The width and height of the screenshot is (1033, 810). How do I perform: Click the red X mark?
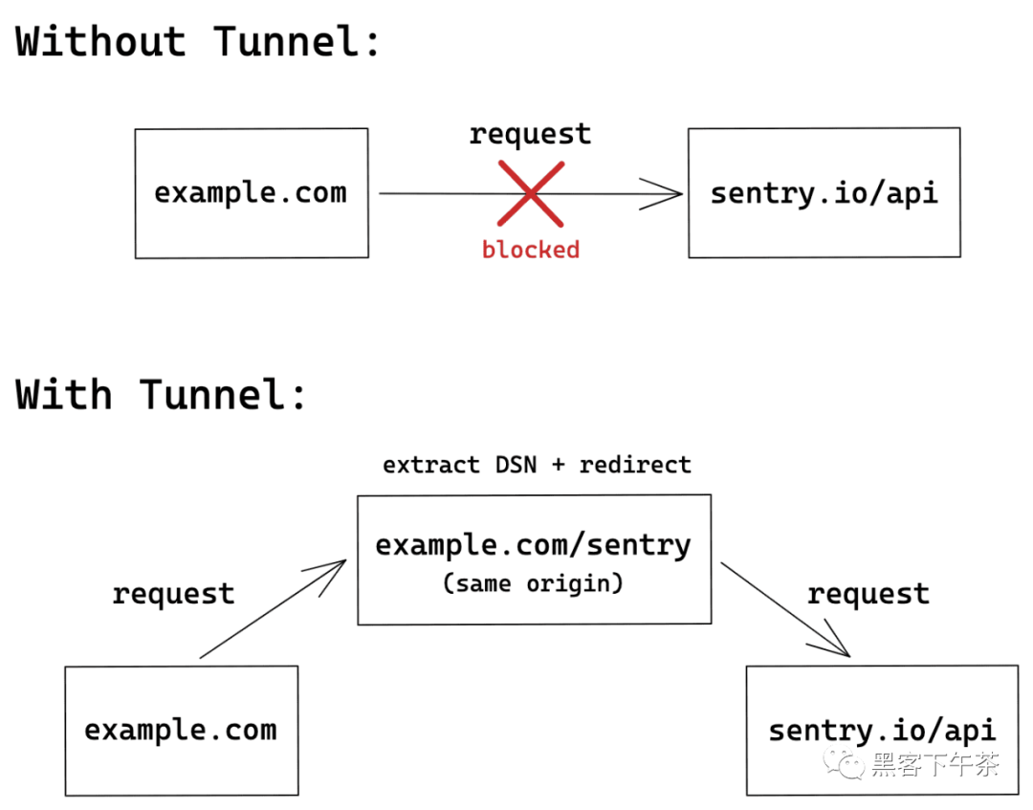(531, 194)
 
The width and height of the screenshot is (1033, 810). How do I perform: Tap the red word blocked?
(531, 250)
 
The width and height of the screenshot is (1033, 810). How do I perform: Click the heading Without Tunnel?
(198, 41)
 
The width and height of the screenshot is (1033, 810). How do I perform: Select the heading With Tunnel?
(162, 394)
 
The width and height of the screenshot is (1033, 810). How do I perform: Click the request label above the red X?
(530, 134)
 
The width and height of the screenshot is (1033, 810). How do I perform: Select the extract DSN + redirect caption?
(537, 465)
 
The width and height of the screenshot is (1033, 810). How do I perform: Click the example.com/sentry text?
(533, 545)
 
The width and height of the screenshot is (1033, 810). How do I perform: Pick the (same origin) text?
(533, 583)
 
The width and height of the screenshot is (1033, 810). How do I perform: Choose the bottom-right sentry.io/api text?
(882, 731)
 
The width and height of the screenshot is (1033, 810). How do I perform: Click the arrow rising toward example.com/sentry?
(273, 609)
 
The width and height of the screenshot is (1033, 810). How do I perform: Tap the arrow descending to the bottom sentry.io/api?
(785, 610)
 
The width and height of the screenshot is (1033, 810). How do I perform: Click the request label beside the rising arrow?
(173, 594)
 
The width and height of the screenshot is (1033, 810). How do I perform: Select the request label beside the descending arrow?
(868, 594)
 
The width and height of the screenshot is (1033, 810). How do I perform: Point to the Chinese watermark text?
(935, 764)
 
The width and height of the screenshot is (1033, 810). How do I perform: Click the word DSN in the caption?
(516, 465)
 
